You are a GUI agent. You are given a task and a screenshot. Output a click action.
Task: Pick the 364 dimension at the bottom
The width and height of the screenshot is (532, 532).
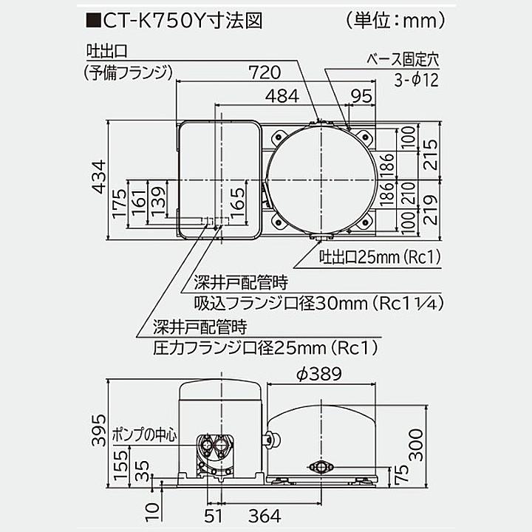[x=263, y=514]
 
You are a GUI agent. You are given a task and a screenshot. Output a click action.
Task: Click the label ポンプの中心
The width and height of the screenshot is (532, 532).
[x=146, y=434]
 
